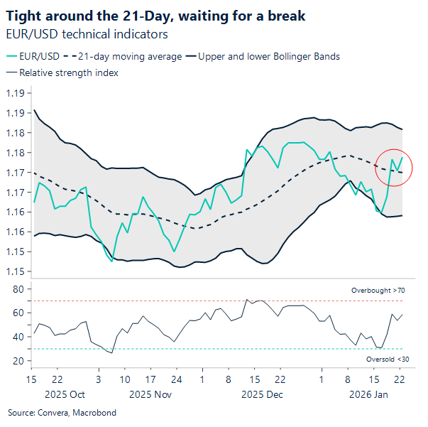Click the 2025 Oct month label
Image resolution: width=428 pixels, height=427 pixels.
[65, 393]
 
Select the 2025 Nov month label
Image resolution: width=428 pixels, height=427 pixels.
[150, 393]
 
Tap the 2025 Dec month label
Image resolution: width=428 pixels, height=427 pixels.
[263, 393]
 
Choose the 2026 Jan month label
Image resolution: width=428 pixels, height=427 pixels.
[369, 393]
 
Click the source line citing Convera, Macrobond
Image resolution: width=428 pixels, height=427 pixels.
[62, 412]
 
